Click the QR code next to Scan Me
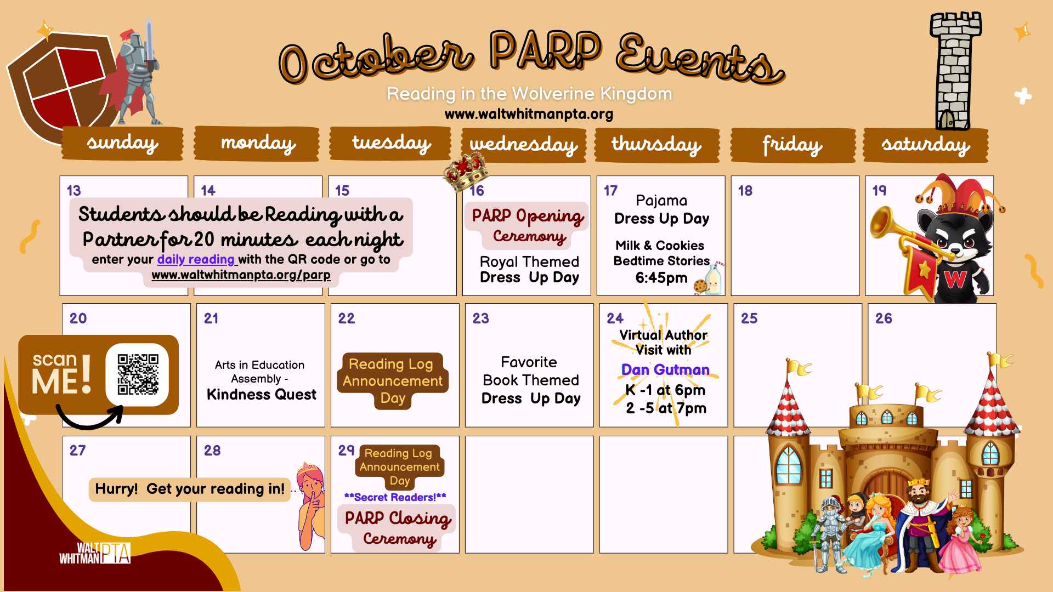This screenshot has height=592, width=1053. click(x=138, y=374)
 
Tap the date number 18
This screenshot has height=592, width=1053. click(x=745, y=191)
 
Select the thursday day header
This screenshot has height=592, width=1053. click(x=656, y=145)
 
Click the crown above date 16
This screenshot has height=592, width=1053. click(x=466, y=170)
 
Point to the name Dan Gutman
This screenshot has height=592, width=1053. click(x=665, y=369)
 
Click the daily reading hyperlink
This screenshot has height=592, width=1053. click(x=196, y=259)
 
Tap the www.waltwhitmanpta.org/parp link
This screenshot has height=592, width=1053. click(x=241, y=275)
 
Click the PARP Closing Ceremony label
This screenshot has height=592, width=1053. click(x=398, y=528)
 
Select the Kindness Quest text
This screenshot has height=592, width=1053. click(x=261, y=395)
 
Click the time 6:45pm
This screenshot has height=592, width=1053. click(x=661, y=278)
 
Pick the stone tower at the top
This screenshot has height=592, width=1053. click(x=955, y=71)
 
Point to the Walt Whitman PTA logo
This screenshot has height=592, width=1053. click(x=95, y=553)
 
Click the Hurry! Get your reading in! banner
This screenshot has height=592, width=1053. click(x=190, y=489)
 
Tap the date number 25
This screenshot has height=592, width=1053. click(x=749, y=318)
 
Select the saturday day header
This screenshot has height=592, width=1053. click(x=925, y=145)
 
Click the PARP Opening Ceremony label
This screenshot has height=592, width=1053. click(x=527, y=225)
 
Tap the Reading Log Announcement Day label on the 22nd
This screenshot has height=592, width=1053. click(x=393, y=381)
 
